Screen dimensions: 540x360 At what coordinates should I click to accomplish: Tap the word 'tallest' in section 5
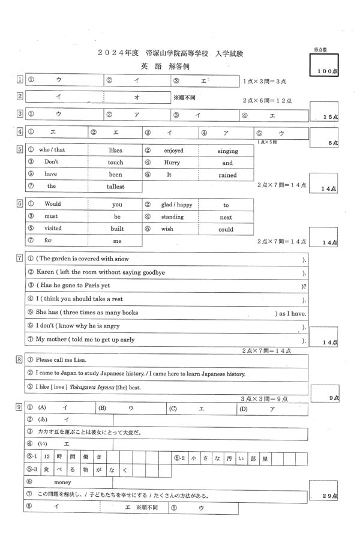click(116, 187)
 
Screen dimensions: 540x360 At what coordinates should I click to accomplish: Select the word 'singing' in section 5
click(227, 151)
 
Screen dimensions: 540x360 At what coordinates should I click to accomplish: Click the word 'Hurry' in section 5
click(172, 163)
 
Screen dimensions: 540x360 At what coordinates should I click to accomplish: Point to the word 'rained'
click(227, 175)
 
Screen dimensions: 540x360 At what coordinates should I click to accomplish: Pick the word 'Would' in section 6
click(53, 205)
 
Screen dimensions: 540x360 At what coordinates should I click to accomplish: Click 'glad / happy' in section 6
click(176, 205)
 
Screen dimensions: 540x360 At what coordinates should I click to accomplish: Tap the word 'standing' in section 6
click(172, 217)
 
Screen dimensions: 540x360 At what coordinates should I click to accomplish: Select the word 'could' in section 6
click(226, 229)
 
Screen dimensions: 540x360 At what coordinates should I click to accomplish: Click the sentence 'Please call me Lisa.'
click(61, 360)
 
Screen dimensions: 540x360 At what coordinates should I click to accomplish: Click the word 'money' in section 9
click(62, 482)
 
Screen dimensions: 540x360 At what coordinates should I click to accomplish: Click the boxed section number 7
click(20, 259)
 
